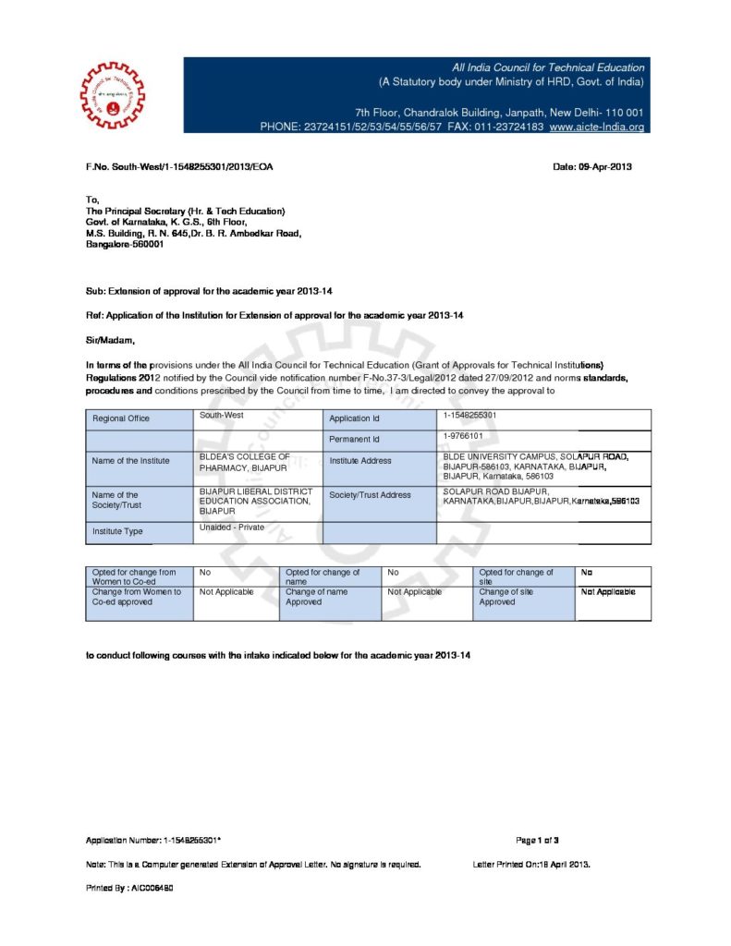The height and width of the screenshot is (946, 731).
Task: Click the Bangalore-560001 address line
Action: pos(125,245)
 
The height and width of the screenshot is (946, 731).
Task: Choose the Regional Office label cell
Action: pos(120,418)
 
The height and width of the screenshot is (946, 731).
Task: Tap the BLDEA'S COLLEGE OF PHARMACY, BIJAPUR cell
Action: pos(245,462)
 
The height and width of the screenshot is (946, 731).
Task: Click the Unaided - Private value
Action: pos(232,528)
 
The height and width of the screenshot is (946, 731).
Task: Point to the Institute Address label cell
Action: pos(360,460)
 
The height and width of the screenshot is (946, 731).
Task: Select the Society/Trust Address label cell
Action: pos(370,495)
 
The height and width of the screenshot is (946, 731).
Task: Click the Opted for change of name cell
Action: pos(323,577)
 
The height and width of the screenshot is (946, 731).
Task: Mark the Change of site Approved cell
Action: pos(504,597)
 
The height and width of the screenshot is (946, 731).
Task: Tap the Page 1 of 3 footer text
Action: pos(537,840)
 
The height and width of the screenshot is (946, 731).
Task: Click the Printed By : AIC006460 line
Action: pos(130,887)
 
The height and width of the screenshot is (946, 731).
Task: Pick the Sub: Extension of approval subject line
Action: pos(209,291)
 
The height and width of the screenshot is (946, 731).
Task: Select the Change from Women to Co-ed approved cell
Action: pos(137,597)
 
